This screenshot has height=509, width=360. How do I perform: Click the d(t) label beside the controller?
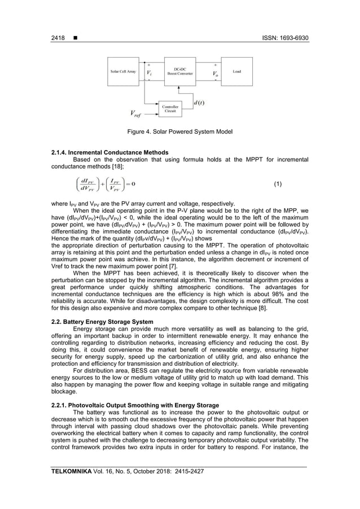pyautogui.click(x=199, y=103)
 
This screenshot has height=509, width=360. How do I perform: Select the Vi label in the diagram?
pyautogui.click(x=149, y=73)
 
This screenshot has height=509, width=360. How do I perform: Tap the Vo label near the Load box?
pyautogui.click(x=214, y=74)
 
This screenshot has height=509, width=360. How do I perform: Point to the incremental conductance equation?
pyautogui.click(x=107, y=185)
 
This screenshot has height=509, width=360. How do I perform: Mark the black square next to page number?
pyautogui.click(x=74, y=38)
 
